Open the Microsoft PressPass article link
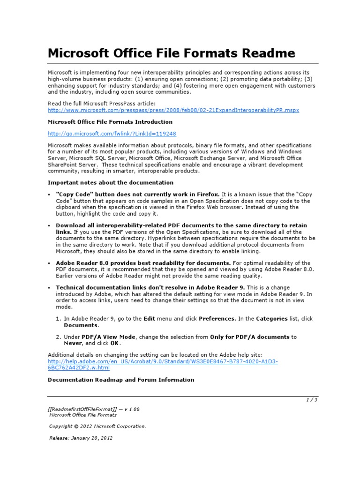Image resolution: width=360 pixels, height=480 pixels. click(x=173, y=110)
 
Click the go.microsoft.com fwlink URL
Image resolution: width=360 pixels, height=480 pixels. click(x=112, y=134)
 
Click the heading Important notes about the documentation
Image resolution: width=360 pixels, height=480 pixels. click(x=111, y=182)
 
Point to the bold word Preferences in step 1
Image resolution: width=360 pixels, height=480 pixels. click(x=217, y=319)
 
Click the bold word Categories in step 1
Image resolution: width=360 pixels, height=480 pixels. click(x=272, y=319)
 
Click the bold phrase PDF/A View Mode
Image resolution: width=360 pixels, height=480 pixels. click(x=109, y=337)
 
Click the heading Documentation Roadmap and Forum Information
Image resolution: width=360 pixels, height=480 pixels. click(x=121, y=380)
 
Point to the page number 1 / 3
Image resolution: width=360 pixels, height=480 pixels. click(x=311, y=399)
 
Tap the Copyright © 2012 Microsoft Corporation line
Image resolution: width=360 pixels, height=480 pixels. click(x=97, y=426)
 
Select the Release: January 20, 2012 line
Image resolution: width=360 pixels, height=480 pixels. click(x=81, y=438)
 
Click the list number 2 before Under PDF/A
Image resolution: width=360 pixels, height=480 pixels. click(x=59, y=337)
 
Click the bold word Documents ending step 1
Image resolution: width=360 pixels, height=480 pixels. click(x=81, y=325)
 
